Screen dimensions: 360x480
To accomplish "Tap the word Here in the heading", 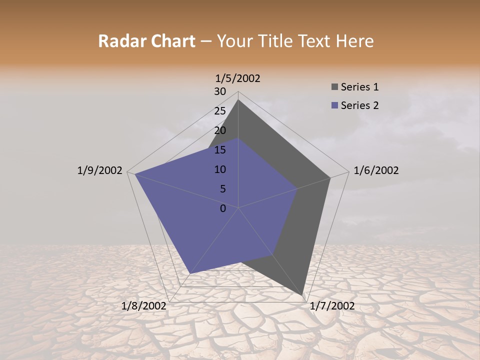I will [354, 41].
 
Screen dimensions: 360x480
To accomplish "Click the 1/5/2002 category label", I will [237, 78].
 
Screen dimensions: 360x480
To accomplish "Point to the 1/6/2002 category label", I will [376, 170].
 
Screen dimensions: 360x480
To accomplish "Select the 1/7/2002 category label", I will [332, 306].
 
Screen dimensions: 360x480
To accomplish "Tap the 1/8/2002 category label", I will [144, 306].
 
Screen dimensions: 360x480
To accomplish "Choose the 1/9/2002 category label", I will [99, 170].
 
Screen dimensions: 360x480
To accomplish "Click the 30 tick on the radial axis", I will [220, 91].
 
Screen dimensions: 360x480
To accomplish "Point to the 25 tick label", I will [220, 111].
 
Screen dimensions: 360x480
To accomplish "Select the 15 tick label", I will [220, 150].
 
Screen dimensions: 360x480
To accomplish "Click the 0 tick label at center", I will [223, 208].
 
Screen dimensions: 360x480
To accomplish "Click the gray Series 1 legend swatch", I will [334, 87].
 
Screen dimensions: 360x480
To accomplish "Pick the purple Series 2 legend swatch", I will [334, 105].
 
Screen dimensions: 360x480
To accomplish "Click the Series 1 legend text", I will [359, 87].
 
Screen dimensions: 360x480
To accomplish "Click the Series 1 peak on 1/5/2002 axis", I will [238, 99].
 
